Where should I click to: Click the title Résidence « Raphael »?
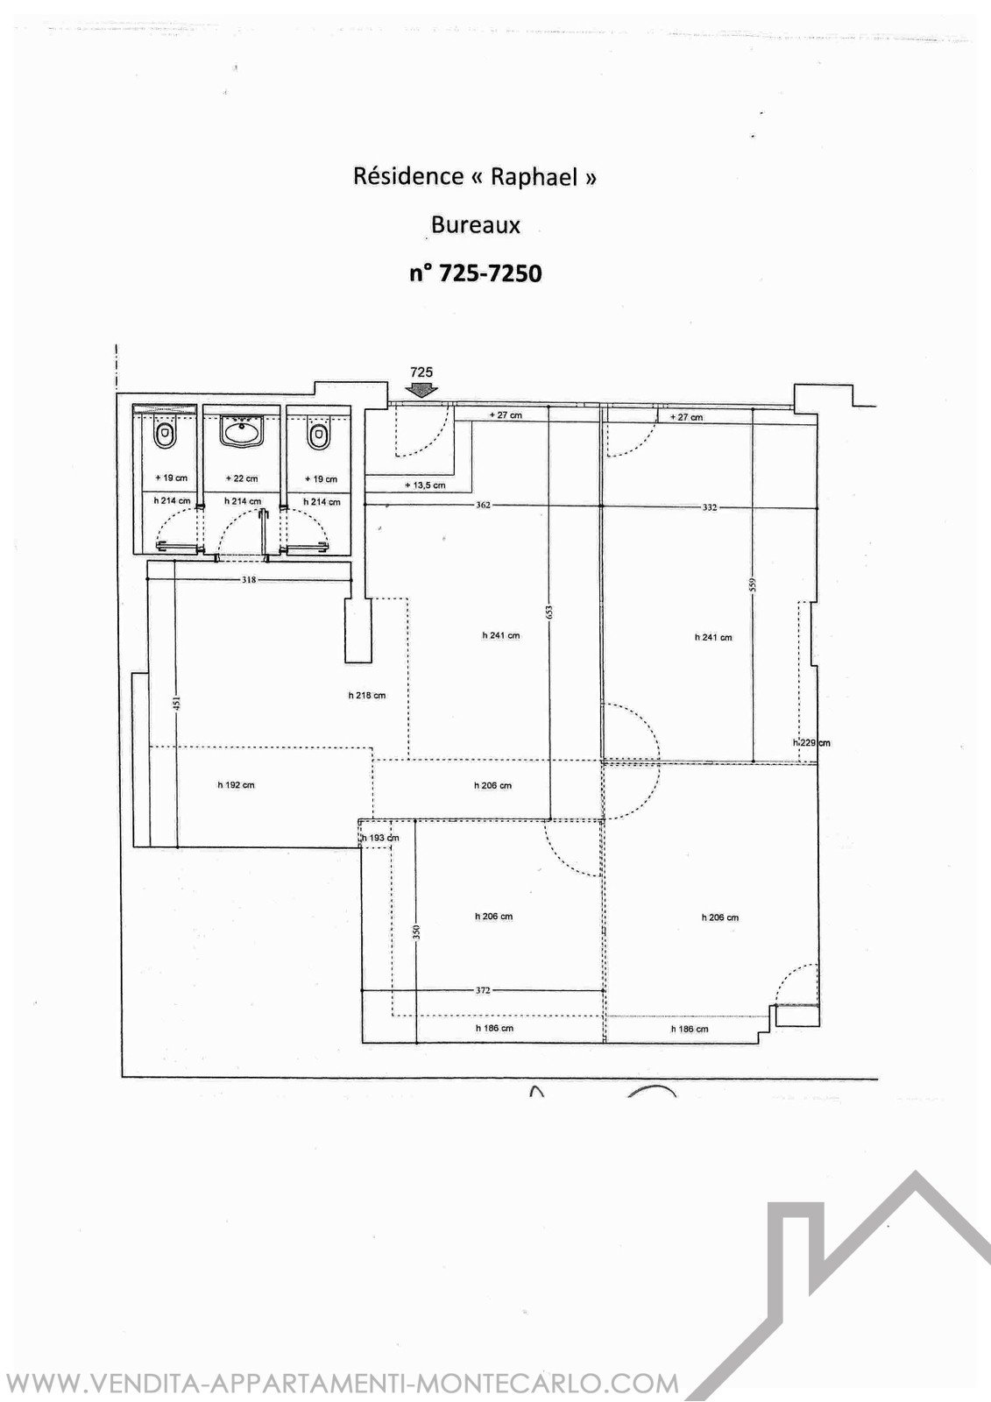pyautogui.click(x=475, y=176)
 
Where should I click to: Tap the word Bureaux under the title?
pyautogui.click(x=476, y=224)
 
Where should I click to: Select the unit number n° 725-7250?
pyautogui.click(x=476, y=273)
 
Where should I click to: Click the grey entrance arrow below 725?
pyautogui.click(x=421, y=390)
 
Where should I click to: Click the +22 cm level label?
pyautogui.click(x=242, y=478)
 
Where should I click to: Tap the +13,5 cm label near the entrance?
pyautogui.click(x=425, y=485)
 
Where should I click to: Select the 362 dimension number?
pyautogui.click(x=483, y=505)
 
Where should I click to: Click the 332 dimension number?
pyautogui.click(x=709, y=507)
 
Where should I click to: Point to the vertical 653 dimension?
pyautogui.click(x=549, y=612)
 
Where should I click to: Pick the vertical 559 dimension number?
pyautogui.click(x=754, y=584)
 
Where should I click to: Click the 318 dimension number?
pyautogui.click(x=249, y=579)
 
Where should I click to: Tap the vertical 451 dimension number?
pyautogui.click(x=176, y=705)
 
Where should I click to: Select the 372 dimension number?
pyautogui.click(x=483, y=991)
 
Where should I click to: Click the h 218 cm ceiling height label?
pyautogui.click(x=367, y=696)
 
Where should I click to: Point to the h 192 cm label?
pyautogui.click(x=236, y=785)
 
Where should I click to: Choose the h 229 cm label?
pyautogui.click(x=811, y=743)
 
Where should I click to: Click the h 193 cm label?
pyautogui.click(x=380, y=838)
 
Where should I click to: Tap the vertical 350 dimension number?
pyautogui.click(x=417, y=932)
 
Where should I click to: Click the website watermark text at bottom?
pyautogui.click(x=341, y=1381)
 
